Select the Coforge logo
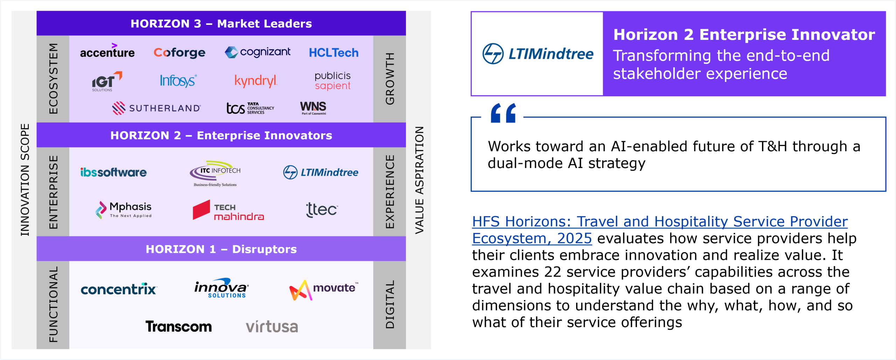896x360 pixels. pyautogui.click(x=180, y=53)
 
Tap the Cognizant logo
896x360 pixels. pyautogui.click(x=258, y=52)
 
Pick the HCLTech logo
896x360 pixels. pyautogui.click(x=334, y=53)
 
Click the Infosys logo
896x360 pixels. pyautogui.click(x=178, y=81)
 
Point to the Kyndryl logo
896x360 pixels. pyautogui.click(x=256, y=81)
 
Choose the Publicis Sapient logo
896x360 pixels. pyautogui.click(x=332, y=81)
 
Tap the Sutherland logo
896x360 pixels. pyautogui.click(x=156, y=108)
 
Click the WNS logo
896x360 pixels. pyautogui.click(x=313, y=108)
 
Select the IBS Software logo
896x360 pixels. pyautogui.click(x=113, y=172)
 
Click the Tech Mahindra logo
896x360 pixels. pyautogui.click(x=228, y=210)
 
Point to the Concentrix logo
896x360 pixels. pyautogui.click(x=119, y=289)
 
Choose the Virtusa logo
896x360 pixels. pyautogui.click(x=272, y=326)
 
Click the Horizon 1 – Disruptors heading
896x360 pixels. pyautogui.click(x=221, y=249)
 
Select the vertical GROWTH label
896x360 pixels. pyautogui.click(x=390, y=78)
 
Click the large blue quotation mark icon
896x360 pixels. pyautogui.click(x=503, y=113)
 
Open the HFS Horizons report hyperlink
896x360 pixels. pyautogui.click(x=660, y=230)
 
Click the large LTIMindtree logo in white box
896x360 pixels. pyautogui.click(x=538, y=54)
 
